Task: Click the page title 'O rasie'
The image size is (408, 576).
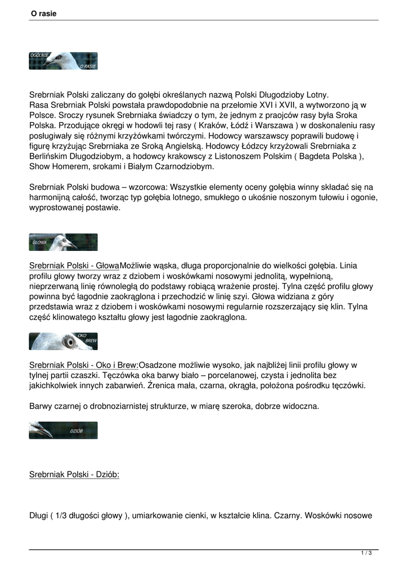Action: coord(44,13)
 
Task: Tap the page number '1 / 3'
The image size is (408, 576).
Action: coord(366,553)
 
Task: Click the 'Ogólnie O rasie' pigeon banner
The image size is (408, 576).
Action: coord(63,61)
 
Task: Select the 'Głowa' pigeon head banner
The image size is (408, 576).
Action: coord(63,242)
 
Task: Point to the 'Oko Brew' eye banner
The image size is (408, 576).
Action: coord(63,341)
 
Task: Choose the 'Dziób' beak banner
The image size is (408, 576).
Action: coord(63,430)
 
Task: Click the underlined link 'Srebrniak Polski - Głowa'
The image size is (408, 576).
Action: coord(74,265)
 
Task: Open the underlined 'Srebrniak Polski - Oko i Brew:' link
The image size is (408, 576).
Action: coord(84,365)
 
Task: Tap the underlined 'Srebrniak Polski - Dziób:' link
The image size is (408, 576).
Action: coord(74,474)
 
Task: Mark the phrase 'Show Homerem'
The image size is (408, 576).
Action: coord(55,166)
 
